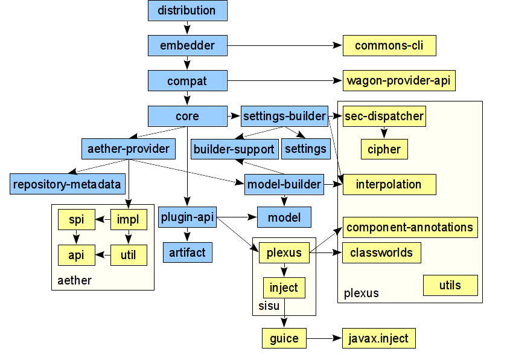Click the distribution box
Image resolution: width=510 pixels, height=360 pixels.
point(187,11)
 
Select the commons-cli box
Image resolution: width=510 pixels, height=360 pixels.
point(389,46)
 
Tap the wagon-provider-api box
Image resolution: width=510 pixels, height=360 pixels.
point(399,80)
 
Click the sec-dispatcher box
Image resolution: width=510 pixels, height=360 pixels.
point(384,116)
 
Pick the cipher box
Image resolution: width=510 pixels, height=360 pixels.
point(384,149)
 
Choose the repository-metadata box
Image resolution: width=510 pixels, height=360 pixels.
point(67,184)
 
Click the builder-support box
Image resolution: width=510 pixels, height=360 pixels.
point(234,149)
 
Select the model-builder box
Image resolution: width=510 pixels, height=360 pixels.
point(283,184)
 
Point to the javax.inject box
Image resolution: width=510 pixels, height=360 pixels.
point(378,338)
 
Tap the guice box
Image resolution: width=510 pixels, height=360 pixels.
point(284,338)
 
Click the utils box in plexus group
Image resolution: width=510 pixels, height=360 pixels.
point(450,285)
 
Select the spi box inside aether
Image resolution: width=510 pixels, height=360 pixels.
point(76,220)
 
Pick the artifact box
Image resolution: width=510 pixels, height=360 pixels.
point(187,252)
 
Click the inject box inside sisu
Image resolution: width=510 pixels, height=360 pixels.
point(284,288)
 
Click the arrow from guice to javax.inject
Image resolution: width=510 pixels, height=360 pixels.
point(324,338)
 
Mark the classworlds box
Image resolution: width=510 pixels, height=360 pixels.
point(381,252)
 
